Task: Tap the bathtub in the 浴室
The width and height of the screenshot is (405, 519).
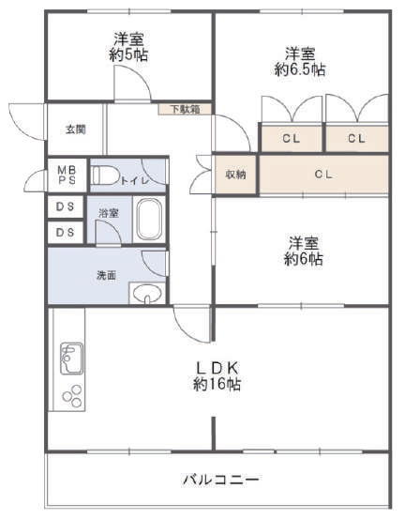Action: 149,219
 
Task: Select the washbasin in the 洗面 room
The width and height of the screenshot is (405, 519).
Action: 147,293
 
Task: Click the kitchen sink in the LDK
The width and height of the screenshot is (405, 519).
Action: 71,359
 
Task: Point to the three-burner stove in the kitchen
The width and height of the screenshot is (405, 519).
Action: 72,395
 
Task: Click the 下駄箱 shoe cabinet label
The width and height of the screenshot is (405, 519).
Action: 185,109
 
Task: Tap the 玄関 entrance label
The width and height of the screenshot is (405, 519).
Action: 76,130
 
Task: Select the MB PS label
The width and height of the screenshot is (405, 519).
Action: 67,176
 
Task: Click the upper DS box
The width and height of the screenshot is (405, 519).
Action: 65,206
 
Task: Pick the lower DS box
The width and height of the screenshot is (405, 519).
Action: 65,233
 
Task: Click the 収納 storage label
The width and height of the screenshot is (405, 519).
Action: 235,175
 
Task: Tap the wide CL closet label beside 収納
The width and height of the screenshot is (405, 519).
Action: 323,175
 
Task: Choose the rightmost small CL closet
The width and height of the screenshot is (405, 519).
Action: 357,138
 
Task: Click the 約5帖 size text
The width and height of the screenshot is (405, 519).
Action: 128,55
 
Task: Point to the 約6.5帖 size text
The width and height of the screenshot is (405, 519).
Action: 300,69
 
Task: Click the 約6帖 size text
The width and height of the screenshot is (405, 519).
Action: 304,259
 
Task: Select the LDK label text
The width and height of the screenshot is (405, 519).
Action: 217,367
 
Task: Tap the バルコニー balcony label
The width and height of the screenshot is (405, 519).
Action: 221,480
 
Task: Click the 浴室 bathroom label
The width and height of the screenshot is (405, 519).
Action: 109,213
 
